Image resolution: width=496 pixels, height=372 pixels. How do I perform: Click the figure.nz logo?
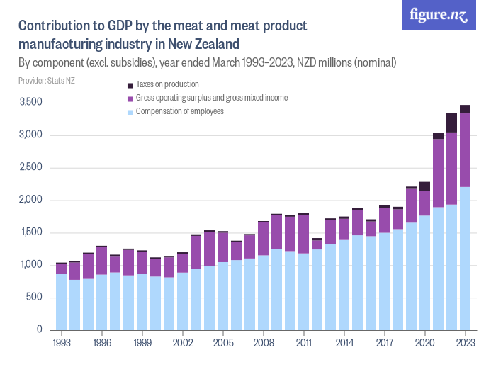click(439, 16)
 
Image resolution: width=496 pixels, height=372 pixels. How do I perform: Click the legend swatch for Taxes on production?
click(129, 84)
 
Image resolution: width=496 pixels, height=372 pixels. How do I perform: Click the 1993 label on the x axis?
click(62, 342)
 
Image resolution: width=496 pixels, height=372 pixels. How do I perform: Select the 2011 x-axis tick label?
click(304, 342)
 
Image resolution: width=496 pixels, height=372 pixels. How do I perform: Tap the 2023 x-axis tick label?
click(465, 342)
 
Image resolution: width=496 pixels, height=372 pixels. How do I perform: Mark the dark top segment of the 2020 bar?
click(424, 187)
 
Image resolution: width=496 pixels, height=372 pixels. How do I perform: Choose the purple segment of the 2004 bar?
click(210, 249)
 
